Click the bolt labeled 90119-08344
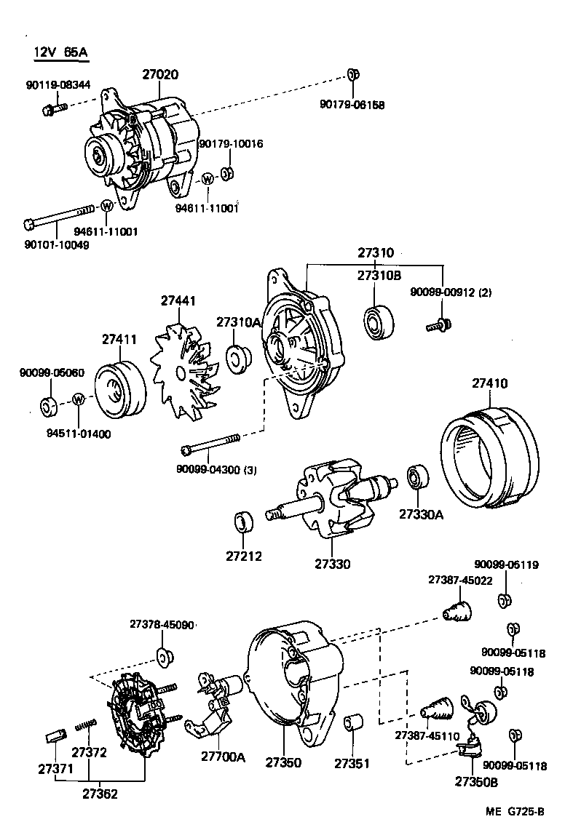(55, 110)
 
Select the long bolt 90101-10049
(59, 216)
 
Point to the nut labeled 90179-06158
(352, 74)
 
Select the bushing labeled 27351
(353, 725)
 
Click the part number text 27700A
(223, 757)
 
